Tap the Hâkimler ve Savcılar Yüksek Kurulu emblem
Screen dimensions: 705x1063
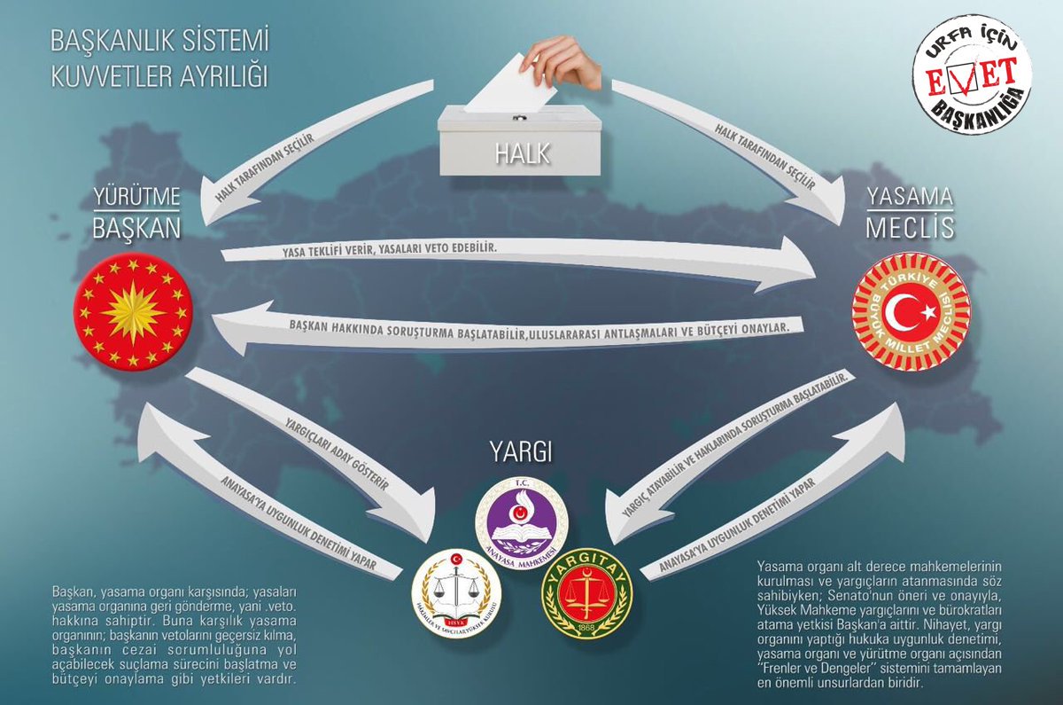click(457, 591)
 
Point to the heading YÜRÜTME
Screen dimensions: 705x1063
click(136, 197)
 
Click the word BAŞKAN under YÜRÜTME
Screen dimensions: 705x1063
click(136, 228)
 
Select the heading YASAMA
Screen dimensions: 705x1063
click(911, 197)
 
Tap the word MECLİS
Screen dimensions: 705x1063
click(911, 228)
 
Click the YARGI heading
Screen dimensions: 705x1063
click(521, 453)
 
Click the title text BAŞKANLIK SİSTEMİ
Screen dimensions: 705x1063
click(159, 41)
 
